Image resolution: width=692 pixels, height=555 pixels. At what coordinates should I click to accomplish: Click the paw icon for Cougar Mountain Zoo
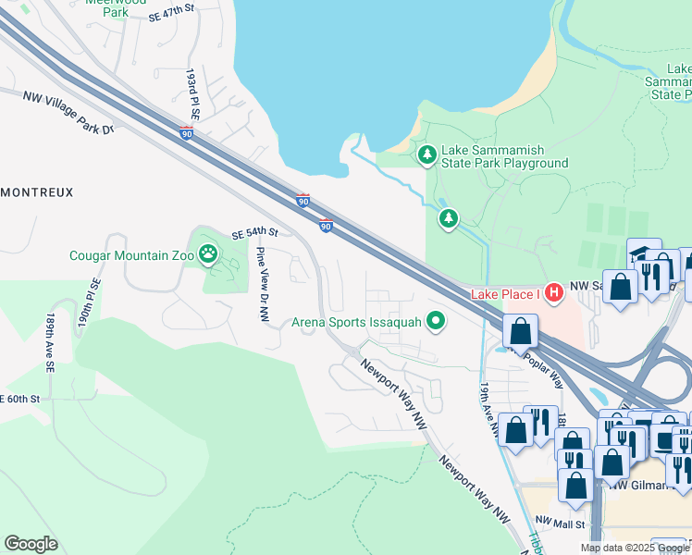coord(210,252)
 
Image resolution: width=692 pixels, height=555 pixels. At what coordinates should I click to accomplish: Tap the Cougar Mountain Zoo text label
coord(132,255)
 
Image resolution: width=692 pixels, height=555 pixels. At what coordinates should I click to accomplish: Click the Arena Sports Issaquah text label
coord(356,323)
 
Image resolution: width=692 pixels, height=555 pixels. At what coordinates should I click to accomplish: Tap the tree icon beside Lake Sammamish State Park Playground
coord(427,154)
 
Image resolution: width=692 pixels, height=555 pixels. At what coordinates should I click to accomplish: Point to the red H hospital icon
coord(554,293)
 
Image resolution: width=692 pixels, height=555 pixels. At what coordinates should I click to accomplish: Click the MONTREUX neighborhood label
coord(36,191)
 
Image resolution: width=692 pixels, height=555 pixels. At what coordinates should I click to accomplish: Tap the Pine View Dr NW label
coord(262,284)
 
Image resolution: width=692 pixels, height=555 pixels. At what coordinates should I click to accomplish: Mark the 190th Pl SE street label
coord(88,302)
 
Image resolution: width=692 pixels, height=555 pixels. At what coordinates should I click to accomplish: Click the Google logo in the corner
coord(31,543)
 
